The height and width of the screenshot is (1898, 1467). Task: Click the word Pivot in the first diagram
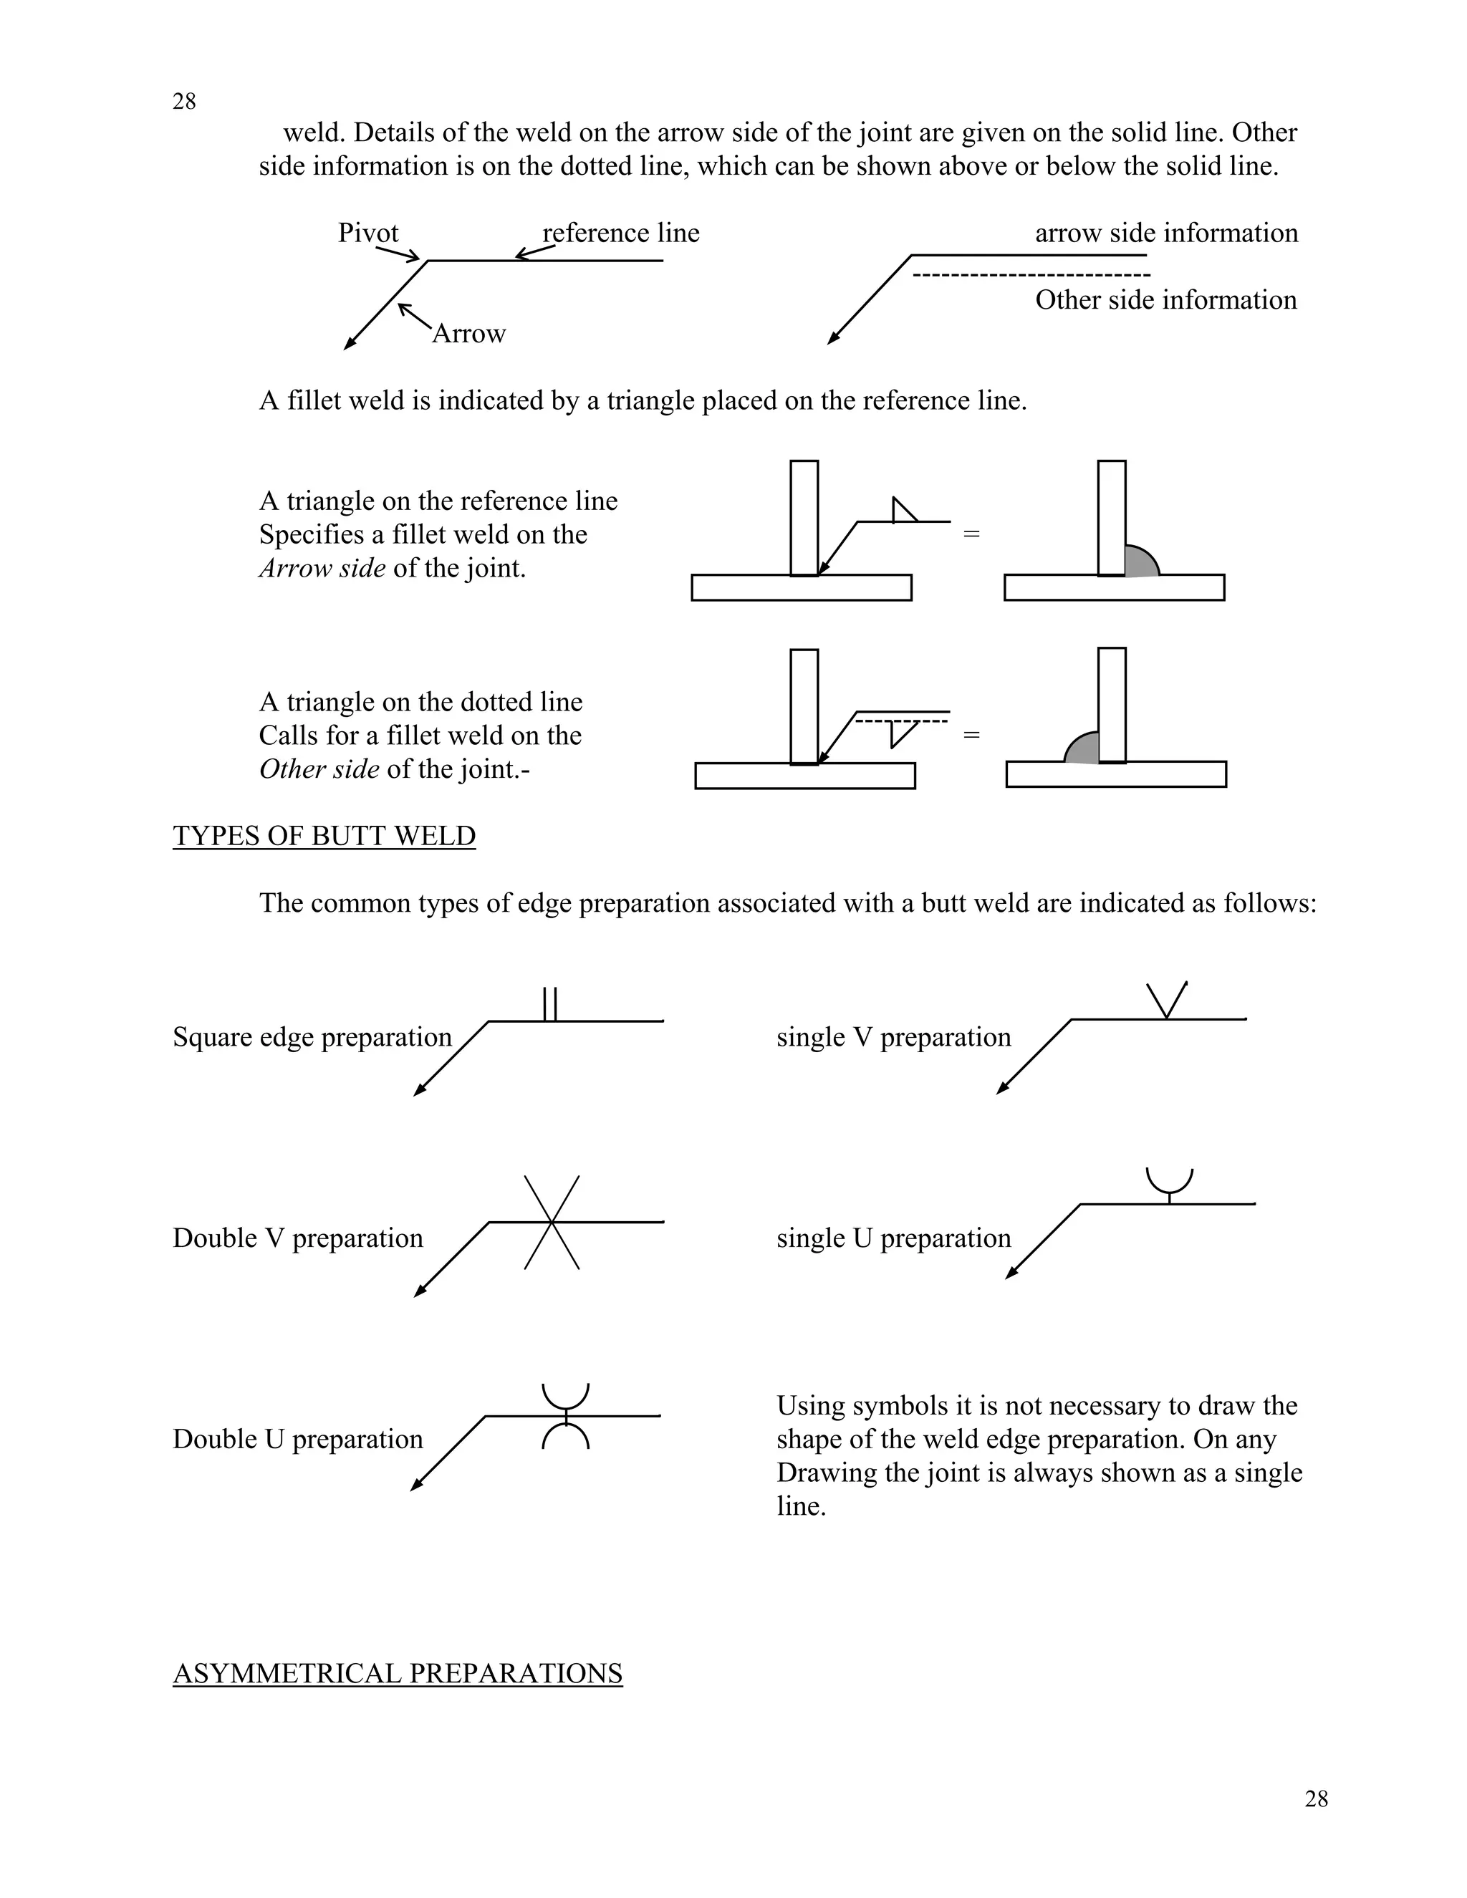367,233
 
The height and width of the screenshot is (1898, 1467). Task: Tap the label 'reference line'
620,233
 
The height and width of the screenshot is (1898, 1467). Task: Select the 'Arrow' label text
468,334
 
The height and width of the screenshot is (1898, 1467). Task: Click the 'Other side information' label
1165,300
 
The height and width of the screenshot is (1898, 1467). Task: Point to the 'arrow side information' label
1166,233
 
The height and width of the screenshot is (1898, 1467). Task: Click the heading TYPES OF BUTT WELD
324,836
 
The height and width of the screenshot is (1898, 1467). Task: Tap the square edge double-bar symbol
549,1005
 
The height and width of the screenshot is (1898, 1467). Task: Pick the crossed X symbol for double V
551,1223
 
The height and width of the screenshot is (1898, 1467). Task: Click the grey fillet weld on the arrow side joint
1140,563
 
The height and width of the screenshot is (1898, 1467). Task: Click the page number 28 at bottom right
1316,1799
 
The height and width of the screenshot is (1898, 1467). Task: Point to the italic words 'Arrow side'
322,569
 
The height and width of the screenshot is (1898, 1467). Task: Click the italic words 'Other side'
319,769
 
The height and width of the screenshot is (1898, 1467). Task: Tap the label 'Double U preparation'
297,1439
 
